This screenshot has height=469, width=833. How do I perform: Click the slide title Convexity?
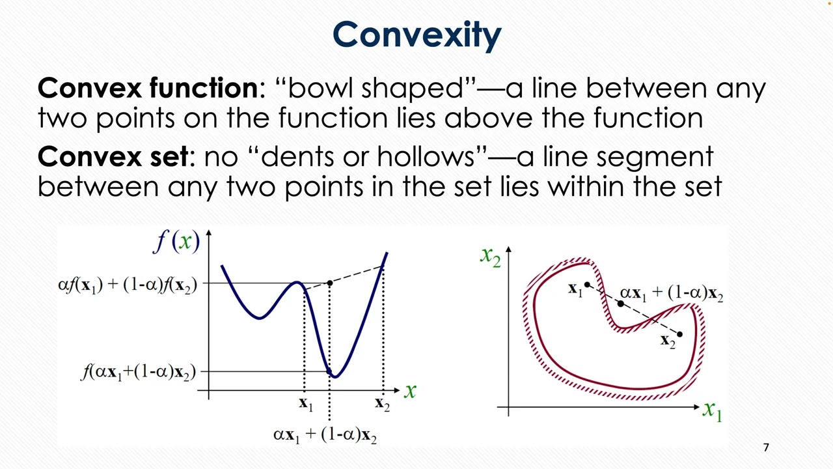416,35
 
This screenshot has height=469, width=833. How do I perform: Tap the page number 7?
766,448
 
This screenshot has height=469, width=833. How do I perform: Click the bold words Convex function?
147,88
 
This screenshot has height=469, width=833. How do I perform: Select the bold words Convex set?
113,157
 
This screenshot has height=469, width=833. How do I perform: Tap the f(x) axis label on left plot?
176,242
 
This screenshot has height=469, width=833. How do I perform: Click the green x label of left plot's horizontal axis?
410,391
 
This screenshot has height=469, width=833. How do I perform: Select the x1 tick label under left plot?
305,404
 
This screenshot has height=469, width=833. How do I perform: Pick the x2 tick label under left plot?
382,404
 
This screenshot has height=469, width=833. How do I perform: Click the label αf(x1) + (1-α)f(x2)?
128,285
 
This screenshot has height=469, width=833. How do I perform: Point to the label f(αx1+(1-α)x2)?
138,372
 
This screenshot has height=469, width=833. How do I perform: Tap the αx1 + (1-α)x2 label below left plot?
325,434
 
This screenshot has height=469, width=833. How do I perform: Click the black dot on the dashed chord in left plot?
329,283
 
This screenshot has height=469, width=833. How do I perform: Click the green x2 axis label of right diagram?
490,257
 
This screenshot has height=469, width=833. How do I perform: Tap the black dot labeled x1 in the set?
587,285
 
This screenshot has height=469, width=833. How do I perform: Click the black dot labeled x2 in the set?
679,334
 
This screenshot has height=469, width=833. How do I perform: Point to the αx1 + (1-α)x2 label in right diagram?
672,294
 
